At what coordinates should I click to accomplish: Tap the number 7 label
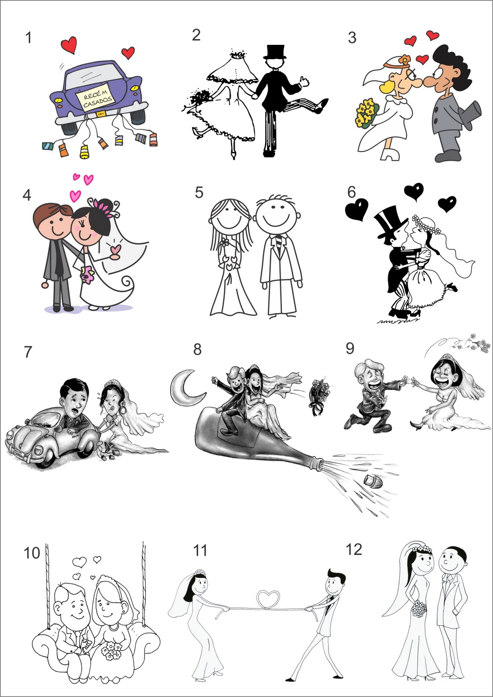click(x=28, y=352)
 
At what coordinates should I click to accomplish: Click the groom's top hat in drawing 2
click(x=275, y=52)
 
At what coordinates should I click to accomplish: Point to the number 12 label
click(x=354, y=549)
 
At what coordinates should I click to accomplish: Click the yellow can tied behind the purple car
click(x=84, y=152)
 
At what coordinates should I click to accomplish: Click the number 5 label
click(x=199, y=192)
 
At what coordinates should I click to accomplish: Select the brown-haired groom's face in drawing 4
click(x=55, y=223)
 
